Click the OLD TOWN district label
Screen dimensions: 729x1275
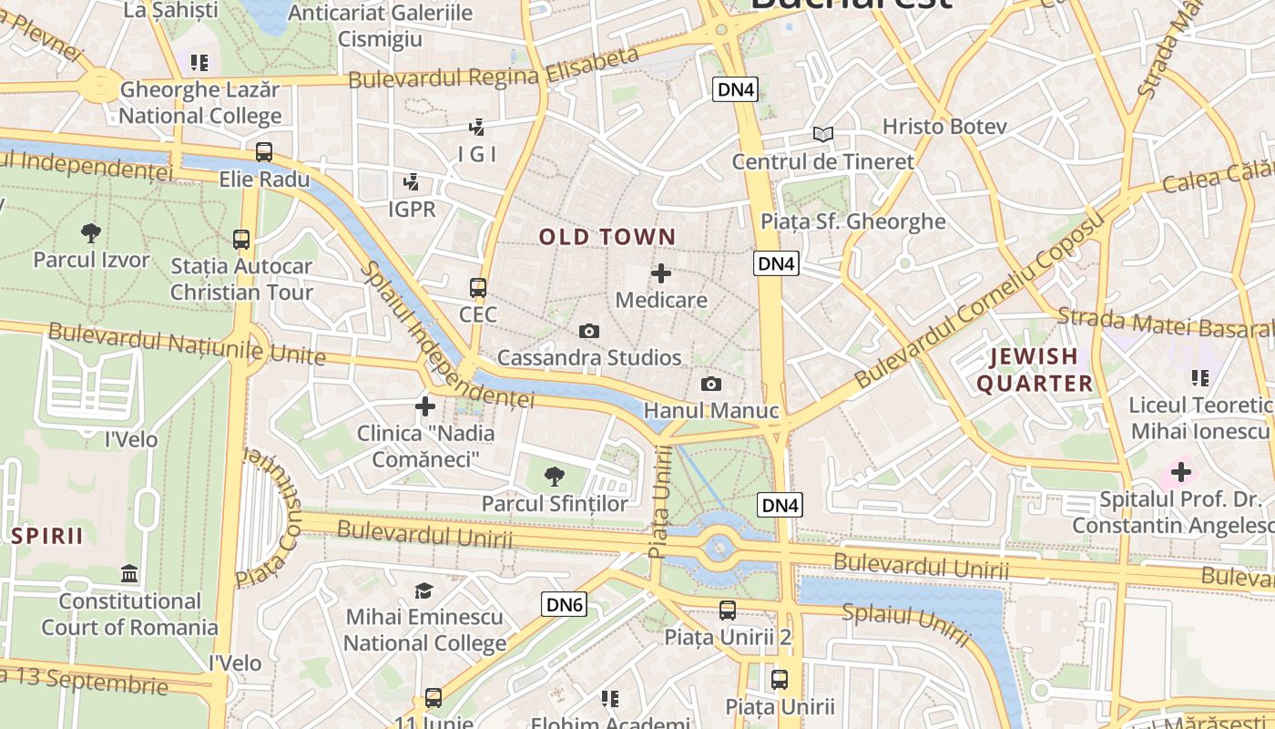[607, 238]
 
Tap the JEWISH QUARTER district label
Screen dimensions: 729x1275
[1035, 370]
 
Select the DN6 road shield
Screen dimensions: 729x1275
[564, 604]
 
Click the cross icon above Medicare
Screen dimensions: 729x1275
[661, 272]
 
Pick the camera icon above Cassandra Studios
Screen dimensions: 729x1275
[589, 331]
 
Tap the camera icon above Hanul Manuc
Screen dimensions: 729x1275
[711, 384]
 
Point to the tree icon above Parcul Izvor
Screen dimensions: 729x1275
[90, 233]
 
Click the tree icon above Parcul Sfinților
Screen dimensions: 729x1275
[554, 476]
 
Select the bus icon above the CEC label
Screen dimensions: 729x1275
[478, 288]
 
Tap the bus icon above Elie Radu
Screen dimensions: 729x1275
[264, 152]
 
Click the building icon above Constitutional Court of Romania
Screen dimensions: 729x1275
[129, 574]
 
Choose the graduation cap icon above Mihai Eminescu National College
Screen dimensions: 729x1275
[424, 590]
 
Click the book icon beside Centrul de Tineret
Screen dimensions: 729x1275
[823, 135]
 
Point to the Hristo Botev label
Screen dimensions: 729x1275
[944, 127]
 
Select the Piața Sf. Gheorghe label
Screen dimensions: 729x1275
[853, 221]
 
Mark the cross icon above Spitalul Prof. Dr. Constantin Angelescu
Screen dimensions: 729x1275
[1181, 472]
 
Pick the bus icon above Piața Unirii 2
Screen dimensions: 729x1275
[728, 611]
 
